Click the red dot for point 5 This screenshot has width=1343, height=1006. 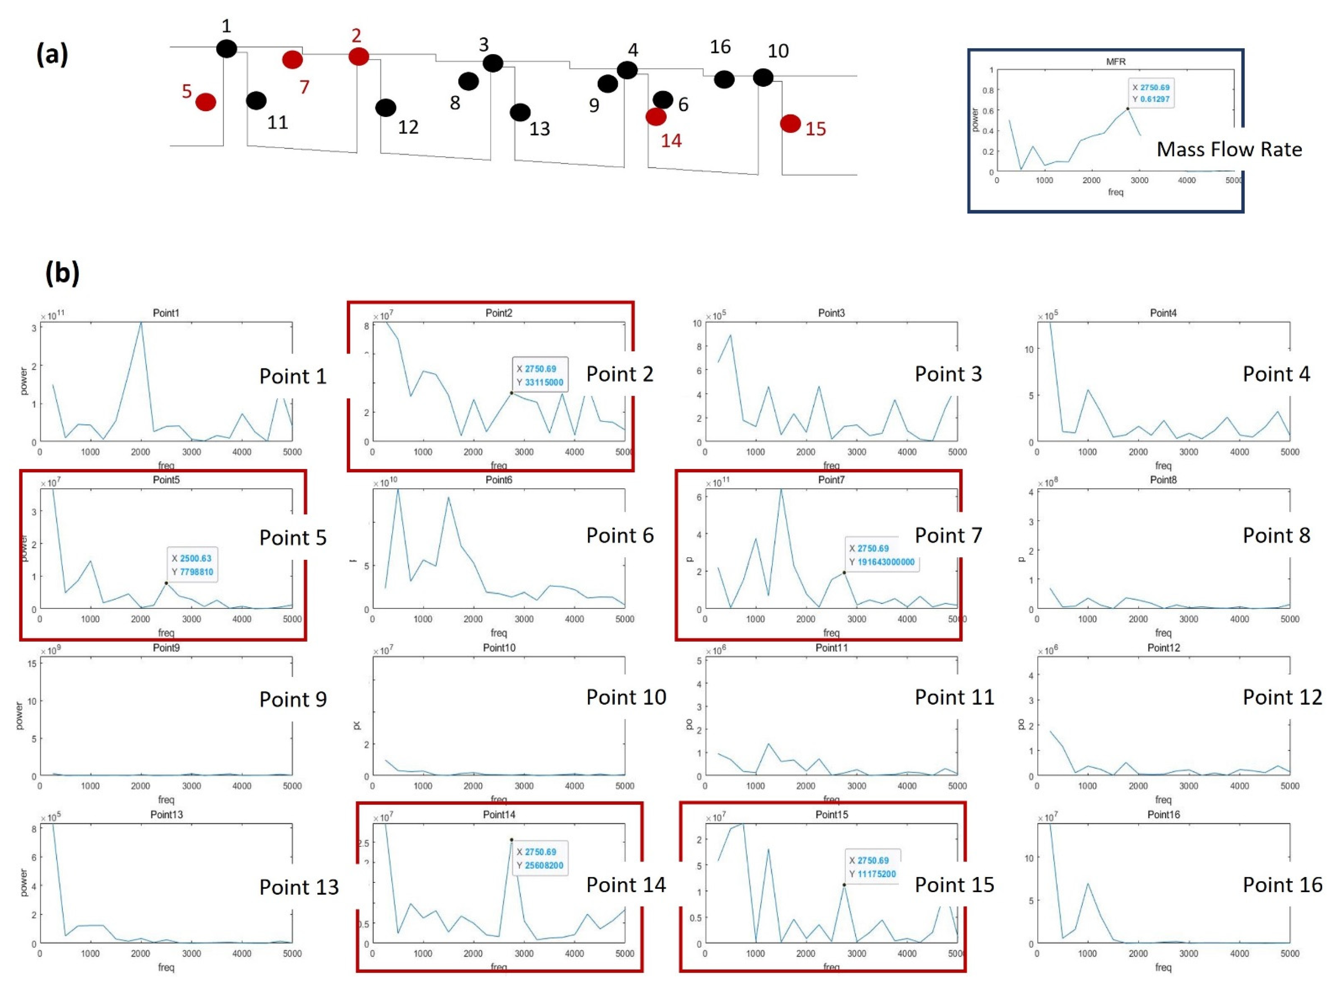click(206, 102)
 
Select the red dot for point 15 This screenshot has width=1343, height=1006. click(790, 124)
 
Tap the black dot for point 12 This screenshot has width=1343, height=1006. click(386, 108)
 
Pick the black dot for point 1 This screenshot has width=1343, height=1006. click(226, 49)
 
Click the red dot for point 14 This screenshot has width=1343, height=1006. click(656, 117)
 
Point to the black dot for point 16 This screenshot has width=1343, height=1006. click(724, 79)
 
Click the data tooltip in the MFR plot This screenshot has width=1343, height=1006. click(1150, 94)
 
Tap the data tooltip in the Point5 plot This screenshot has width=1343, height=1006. click(192, 565)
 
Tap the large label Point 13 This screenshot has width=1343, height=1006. click(299, 887)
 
